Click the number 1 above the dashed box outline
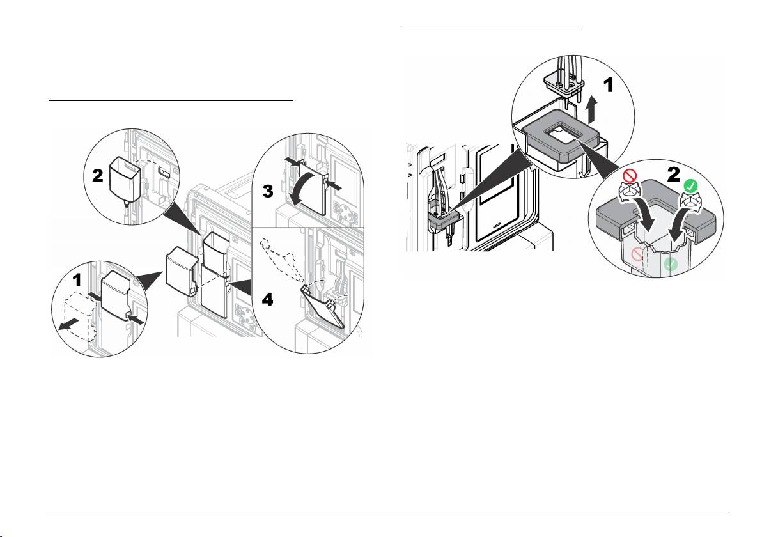tap(77, 280)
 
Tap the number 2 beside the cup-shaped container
tap(98, 175)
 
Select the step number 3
tap(268, 192)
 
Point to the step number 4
tap(267, 299)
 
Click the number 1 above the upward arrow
tap(609, 86)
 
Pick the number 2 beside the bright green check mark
tap(674, 175)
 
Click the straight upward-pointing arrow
tap(591, 110)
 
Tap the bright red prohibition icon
tap(629, 175)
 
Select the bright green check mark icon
tap(690, 185)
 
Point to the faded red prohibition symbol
tap(637, 254)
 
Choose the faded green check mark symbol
tap(671, 264)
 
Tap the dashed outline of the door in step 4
tap(279, 258)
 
